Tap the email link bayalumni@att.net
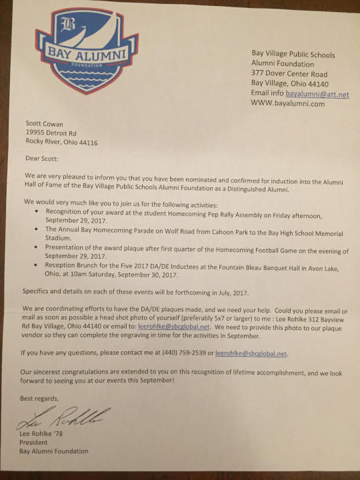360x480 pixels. pyautogui.click(x=317, y=95)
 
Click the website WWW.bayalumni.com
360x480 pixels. pyautogui.click(x=287, y=104)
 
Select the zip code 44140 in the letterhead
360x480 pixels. pyautogui.click(x=317, y=85)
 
